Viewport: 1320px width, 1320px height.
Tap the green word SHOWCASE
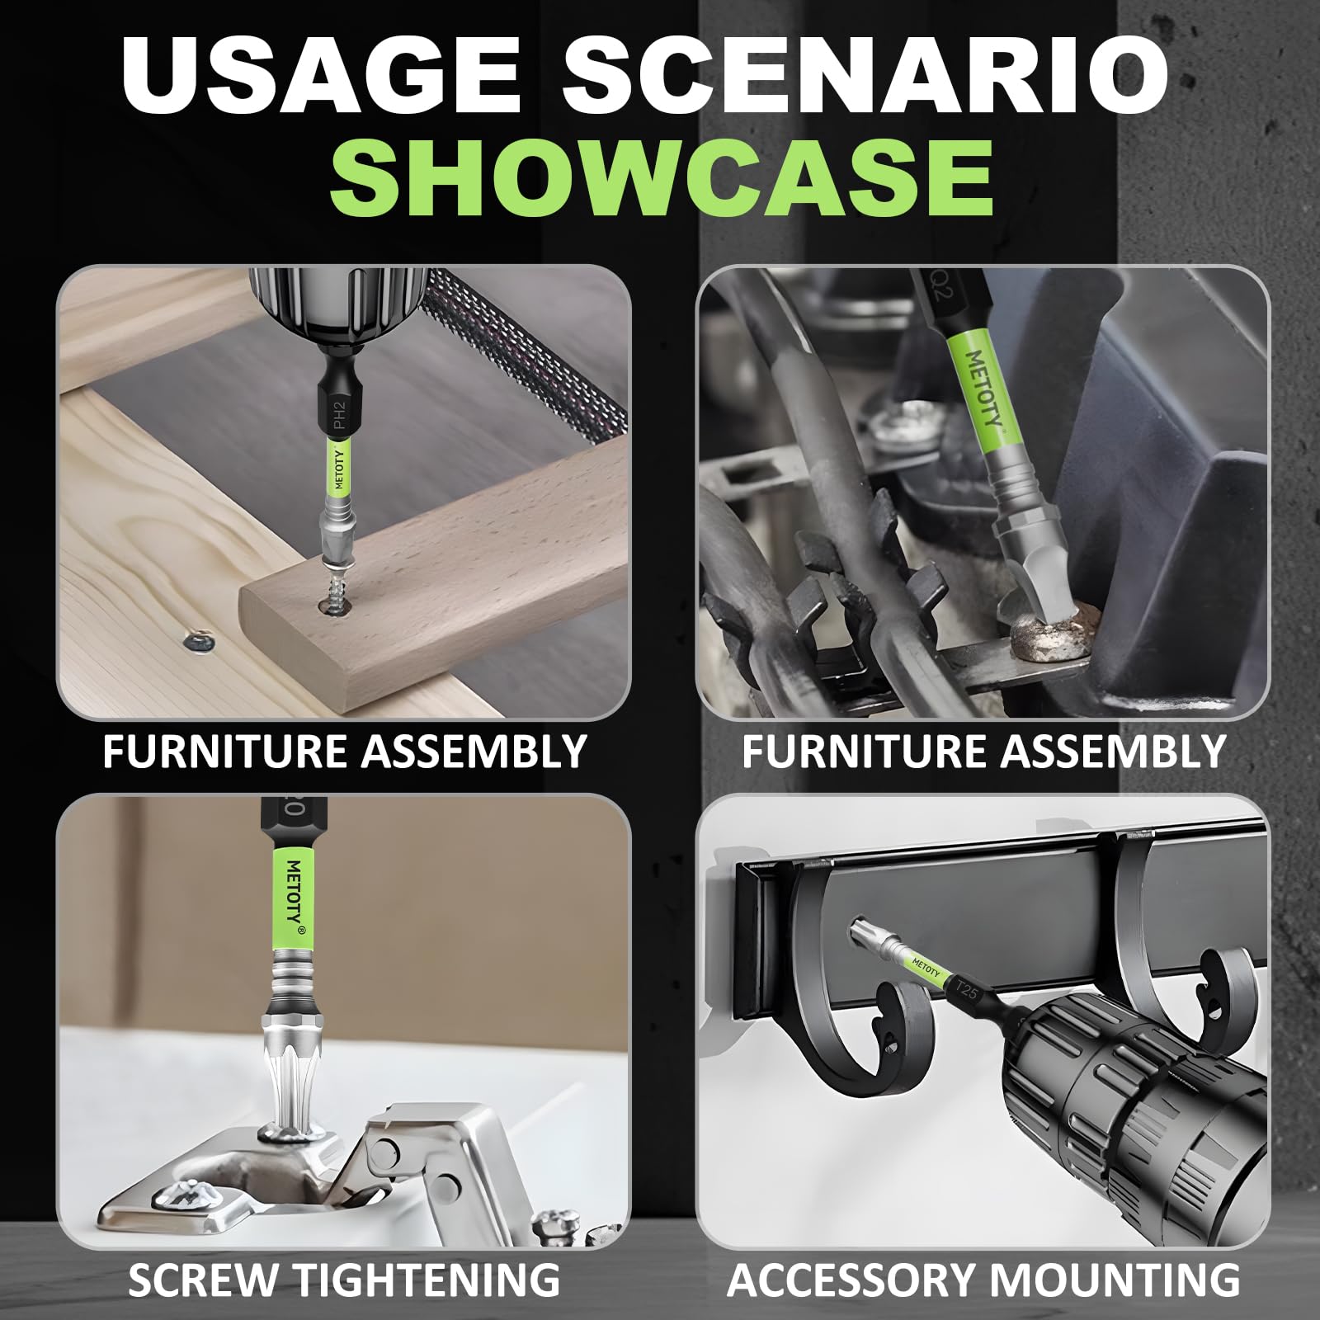pos(662,177)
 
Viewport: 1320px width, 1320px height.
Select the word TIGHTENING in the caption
pos(427,1280)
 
